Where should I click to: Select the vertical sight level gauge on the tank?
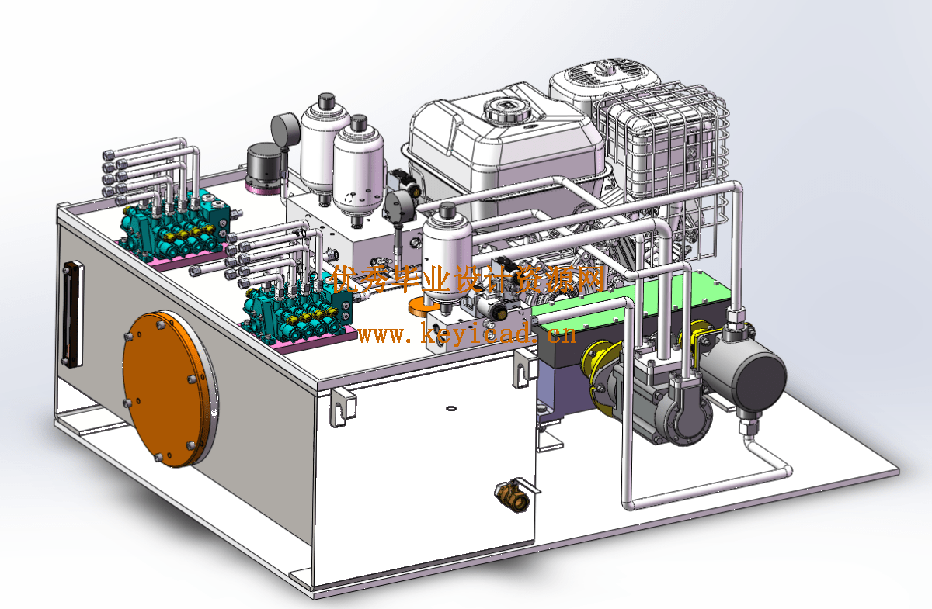[x=72, y=315]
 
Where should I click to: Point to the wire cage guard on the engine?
[x=662, y=166]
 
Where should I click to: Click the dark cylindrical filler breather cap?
[x=264, y=168]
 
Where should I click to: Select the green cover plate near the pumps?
[x=632, y=296]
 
